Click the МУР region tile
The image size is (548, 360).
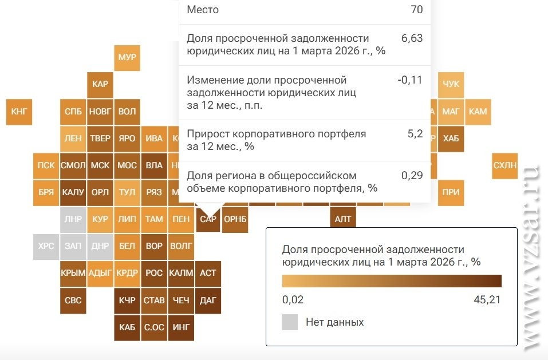tap(127, 58)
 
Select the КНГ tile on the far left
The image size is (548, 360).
tap(19, 112)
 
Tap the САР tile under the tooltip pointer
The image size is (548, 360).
tap(208, 219)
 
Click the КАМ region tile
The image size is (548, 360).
tap(478, 112)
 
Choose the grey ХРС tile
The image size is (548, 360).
tap(46, 246)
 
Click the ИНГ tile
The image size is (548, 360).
tap(181, 327)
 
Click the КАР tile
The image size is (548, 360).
tap(100, 84)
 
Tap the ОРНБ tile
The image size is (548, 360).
tap(235, 219)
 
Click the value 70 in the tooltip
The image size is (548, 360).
tap(416, 10)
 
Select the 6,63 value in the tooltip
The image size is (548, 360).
tap(412, 38)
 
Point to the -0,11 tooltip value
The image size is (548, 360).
tap(409, 80)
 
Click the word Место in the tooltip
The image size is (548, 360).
tap(203, 10)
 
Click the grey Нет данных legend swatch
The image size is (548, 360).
tap(290, 322)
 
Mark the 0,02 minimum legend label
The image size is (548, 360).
tap(293, 299)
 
